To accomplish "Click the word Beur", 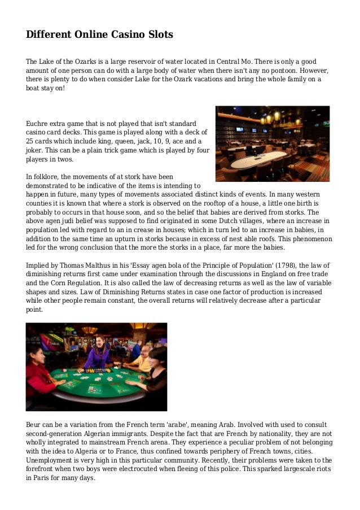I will click(x=34, y=424).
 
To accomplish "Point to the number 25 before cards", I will click(x=30, y=141).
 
